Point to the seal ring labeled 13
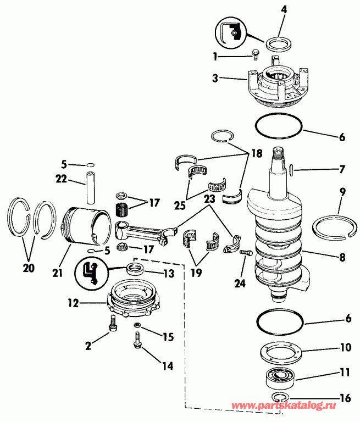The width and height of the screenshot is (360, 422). [136, 269]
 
